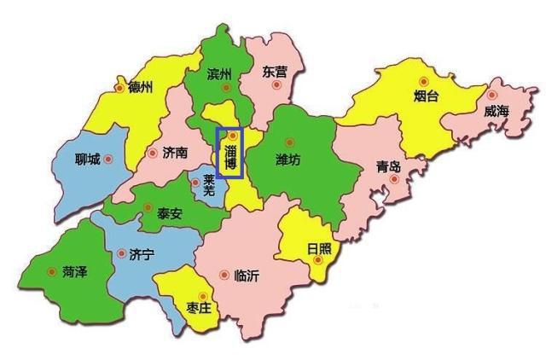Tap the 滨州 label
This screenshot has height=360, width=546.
(x=219, y=74)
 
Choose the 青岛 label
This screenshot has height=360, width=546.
(x=388, y=166)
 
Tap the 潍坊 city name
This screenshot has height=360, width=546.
(x=288, y=160)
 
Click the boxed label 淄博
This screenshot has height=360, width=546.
(x=230, y=157)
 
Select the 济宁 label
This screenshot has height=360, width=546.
(x=141, y=254)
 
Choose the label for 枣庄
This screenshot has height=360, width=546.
(x=198, y=308)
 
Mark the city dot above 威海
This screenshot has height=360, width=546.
(x=493, y=95)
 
